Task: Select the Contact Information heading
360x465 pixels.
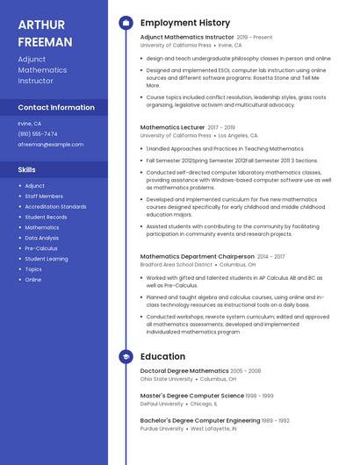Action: pos(56,107)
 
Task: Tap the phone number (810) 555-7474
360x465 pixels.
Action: pos(38,133)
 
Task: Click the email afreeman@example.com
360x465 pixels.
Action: pos(51,144)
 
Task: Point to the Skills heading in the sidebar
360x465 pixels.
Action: pos(27,168)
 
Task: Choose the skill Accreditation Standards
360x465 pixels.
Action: pos(55,206)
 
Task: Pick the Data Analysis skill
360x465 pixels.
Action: pos(42,238)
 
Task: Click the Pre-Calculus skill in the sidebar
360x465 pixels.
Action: pos(41,248)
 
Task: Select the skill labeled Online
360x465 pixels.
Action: pos(33,280)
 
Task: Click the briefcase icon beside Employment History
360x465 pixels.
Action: pos(126,23)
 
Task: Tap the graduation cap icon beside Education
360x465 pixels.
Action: pos(126,357)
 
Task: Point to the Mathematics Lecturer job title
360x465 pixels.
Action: pos(173,127)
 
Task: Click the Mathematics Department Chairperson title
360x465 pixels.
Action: pos(197,256)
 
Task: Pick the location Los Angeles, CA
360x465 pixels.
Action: pos(238,136)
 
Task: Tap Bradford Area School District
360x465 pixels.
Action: pos(176,264)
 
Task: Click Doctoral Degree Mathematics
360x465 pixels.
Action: pos(184,371)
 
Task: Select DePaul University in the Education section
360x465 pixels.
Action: pos(162,404)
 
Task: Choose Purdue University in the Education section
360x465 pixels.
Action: pos(162,428)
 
